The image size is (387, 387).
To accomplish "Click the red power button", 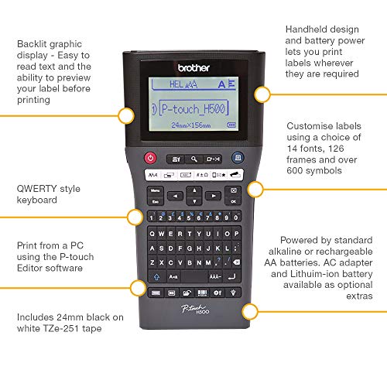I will coord(151,159).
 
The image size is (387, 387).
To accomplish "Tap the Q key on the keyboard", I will coord(155,231).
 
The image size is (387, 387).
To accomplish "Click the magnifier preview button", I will coord(193,159).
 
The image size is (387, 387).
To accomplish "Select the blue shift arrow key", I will coord(156,277).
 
